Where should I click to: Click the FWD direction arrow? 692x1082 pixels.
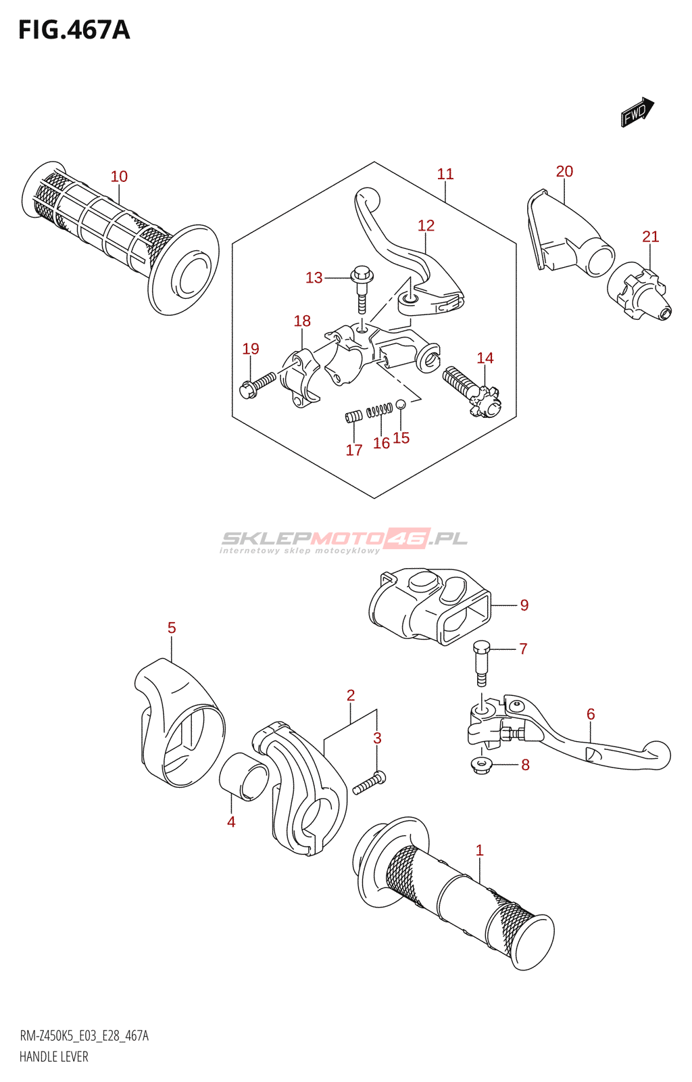pos(637,112)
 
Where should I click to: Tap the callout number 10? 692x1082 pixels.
pos(119,177)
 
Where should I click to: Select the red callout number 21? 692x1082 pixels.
pos(650,237)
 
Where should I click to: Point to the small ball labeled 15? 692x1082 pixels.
pos(400,404)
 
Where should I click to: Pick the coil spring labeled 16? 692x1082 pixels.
pos(380,410)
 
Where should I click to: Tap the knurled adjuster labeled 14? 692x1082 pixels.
pos(471,392)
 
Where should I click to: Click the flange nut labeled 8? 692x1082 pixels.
pos(481,766)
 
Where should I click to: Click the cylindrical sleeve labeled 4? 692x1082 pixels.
pos(244,776)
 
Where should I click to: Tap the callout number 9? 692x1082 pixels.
pos(524,605)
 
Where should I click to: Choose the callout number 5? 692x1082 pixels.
pos(172,628)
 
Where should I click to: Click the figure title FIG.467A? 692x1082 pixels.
pos(74,30)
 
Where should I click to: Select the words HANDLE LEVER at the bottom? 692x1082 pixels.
pos(54,1056)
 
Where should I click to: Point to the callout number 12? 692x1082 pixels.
pos(426,226)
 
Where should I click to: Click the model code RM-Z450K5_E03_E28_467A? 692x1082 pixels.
pos(84,1035)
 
